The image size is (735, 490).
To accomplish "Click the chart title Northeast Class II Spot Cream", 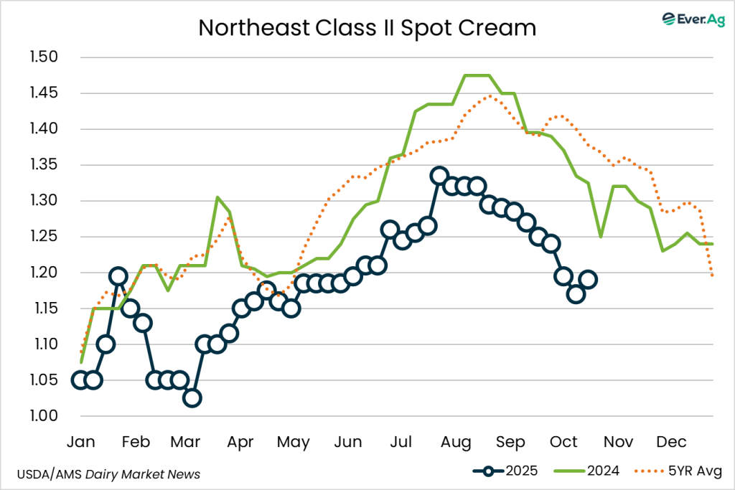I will (x=367, y=28).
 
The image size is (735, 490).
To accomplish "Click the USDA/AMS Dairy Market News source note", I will (x=108, y=474).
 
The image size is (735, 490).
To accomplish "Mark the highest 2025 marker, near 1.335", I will (x=439, y=176).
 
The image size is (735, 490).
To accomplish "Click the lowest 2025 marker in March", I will (x=192, y=398).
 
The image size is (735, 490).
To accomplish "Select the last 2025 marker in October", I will (x=588, y=280).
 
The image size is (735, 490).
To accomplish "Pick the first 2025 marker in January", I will (x=80, y=380).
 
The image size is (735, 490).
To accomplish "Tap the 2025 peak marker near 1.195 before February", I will (x=118, y=276).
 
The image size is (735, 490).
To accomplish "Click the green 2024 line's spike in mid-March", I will (x=217, y=197).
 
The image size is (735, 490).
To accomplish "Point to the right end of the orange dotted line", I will (x=713, y=276).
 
